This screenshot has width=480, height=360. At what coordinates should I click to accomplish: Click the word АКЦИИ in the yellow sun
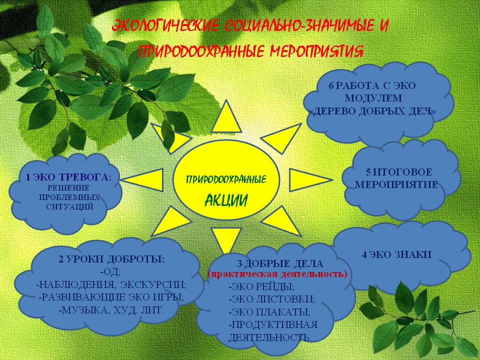[x=226, y=200]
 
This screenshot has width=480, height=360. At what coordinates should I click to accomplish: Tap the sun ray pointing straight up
[x=226, y=118]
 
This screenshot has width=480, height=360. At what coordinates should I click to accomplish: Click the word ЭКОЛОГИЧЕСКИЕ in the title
[x=165, y=25]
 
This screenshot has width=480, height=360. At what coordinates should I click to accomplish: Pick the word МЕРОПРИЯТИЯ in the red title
[x=316, y=51]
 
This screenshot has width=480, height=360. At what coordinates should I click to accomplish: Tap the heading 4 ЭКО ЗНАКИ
[x=396, y=254]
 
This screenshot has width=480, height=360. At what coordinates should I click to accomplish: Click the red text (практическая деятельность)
[x=277, y=274]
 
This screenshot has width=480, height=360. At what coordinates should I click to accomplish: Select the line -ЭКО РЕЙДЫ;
[x=261, y=287]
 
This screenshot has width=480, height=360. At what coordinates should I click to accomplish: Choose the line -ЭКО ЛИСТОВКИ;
[x=272, y=299]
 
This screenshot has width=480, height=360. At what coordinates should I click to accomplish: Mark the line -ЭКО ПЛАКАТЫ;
[x=269, y=312]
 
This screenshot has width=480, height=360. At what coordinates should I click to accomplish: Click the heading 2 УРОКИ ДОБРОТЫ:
[x=111, y=259]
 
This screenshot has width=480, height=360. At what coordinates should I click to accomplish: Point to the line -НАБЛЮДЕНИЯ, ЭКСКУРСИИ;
[x=111, y=284]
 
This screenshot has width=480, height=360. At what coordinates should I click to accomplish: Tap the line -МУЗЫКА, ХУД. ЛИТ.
[x=111, y=310]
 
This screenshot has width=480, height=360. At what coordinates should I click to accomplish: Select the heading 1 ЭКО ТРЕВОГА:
[x=68, y=177]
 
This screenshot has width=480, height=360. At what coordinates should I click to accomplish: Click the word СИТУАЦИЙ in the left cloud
[x=70, y=207]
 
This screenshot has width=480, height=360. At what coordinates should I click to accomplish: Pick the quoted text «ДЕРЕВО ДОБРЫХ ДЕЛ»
[x=372, y=111]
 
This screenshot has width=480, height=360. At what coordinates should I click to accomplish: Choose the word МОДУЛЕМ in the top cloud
[x=373, y=98]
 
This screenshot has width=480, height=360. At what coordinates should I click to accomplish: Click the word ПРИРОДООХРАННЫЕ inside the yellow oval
[x=226, y=179]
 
